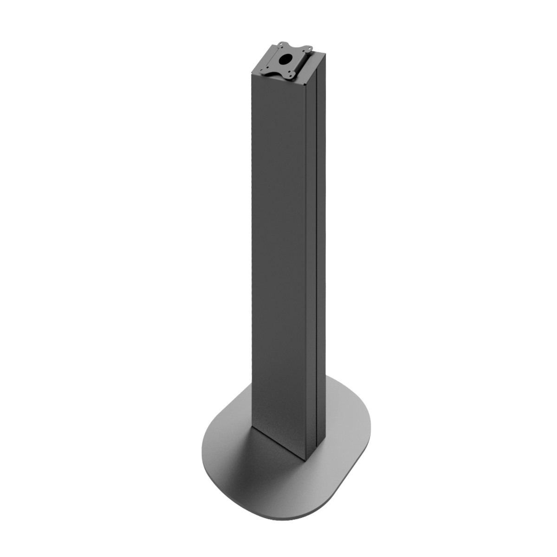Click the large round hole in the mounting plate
(x=285, y=59)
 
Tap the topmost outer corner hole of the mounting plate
(x=281, y=45)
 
